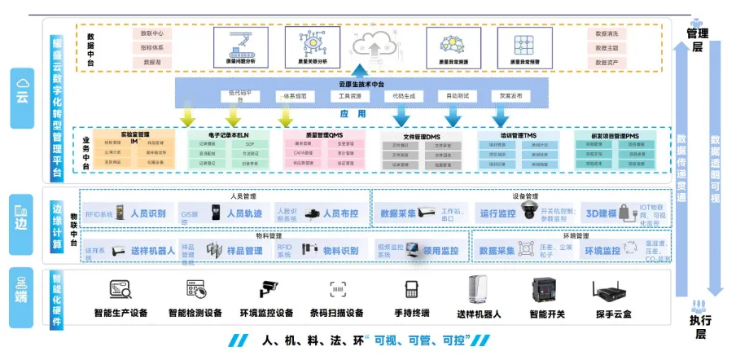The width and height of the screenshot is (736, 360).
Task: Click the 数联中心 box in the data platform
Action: (x=152, y=34)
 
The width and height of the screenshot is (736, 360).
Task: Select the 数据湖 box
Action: (x=152, y=62)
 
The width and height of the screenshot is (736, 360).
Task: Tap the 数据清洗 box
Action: (x=607, y=34)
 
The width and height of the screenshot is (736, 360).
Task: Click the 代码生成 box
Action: (x=402, y=96)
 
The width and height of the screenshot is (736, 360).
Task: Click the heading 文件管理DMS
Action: (x=422, y=137)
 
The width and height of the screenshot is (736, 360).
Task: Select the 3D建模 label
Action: (x=603, y=213)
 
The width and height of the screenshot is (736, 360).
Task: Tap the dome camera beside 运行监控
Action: (x=528, y=213)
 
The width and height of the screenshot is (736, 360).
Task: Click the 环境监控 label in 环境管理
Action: (x=602, y=251)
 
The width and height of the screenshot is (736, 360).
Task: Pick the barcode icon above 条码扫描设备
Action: (x=337, y=289)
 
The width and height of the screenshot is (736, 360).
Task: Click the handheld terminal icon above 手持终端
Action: (x=411, y=290)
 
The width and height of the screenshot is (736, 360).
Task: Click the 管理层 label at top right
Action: (x=697, y=40)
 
